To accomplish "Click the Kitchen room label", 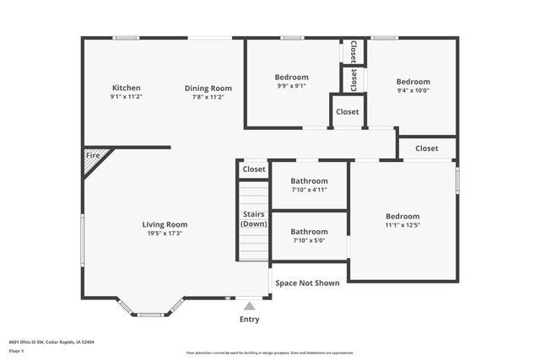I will click(x=126, y=88).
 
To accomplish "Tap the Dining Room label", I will click(x=208, y=88).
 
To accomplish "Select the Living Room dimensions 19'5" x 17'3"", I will click(x=165, y=234).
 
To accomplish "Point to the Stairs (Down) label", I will click(x=253, y=219).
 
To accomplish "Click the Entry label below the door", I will click(x=250, y=320).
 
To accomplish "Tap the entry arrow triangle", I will click(x=250, y=305).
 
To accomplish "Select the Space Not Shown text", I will click(x=307, y=283).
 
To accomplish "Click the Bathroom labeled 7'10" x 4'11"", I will click(x=309, y=185).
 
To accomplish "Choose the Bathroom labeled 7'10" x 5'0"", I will click(x=309, y=236).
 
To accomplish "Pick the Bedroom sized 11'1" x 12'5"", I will click(x=402, y=221).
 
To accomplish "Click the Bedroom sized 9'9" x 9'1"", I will click(x=291, y=81).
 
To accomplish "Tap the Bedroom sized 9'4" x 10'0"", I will click(x=413, y=86).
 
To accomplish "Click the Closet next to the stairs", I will click(x=254, y=169).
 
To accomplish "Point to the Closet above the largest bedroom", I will click(x=427, y=148).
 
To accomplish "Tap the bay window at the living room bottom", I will click(x=150, y=314).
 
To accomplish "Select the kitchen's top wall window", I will click(x=127, y=37).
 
